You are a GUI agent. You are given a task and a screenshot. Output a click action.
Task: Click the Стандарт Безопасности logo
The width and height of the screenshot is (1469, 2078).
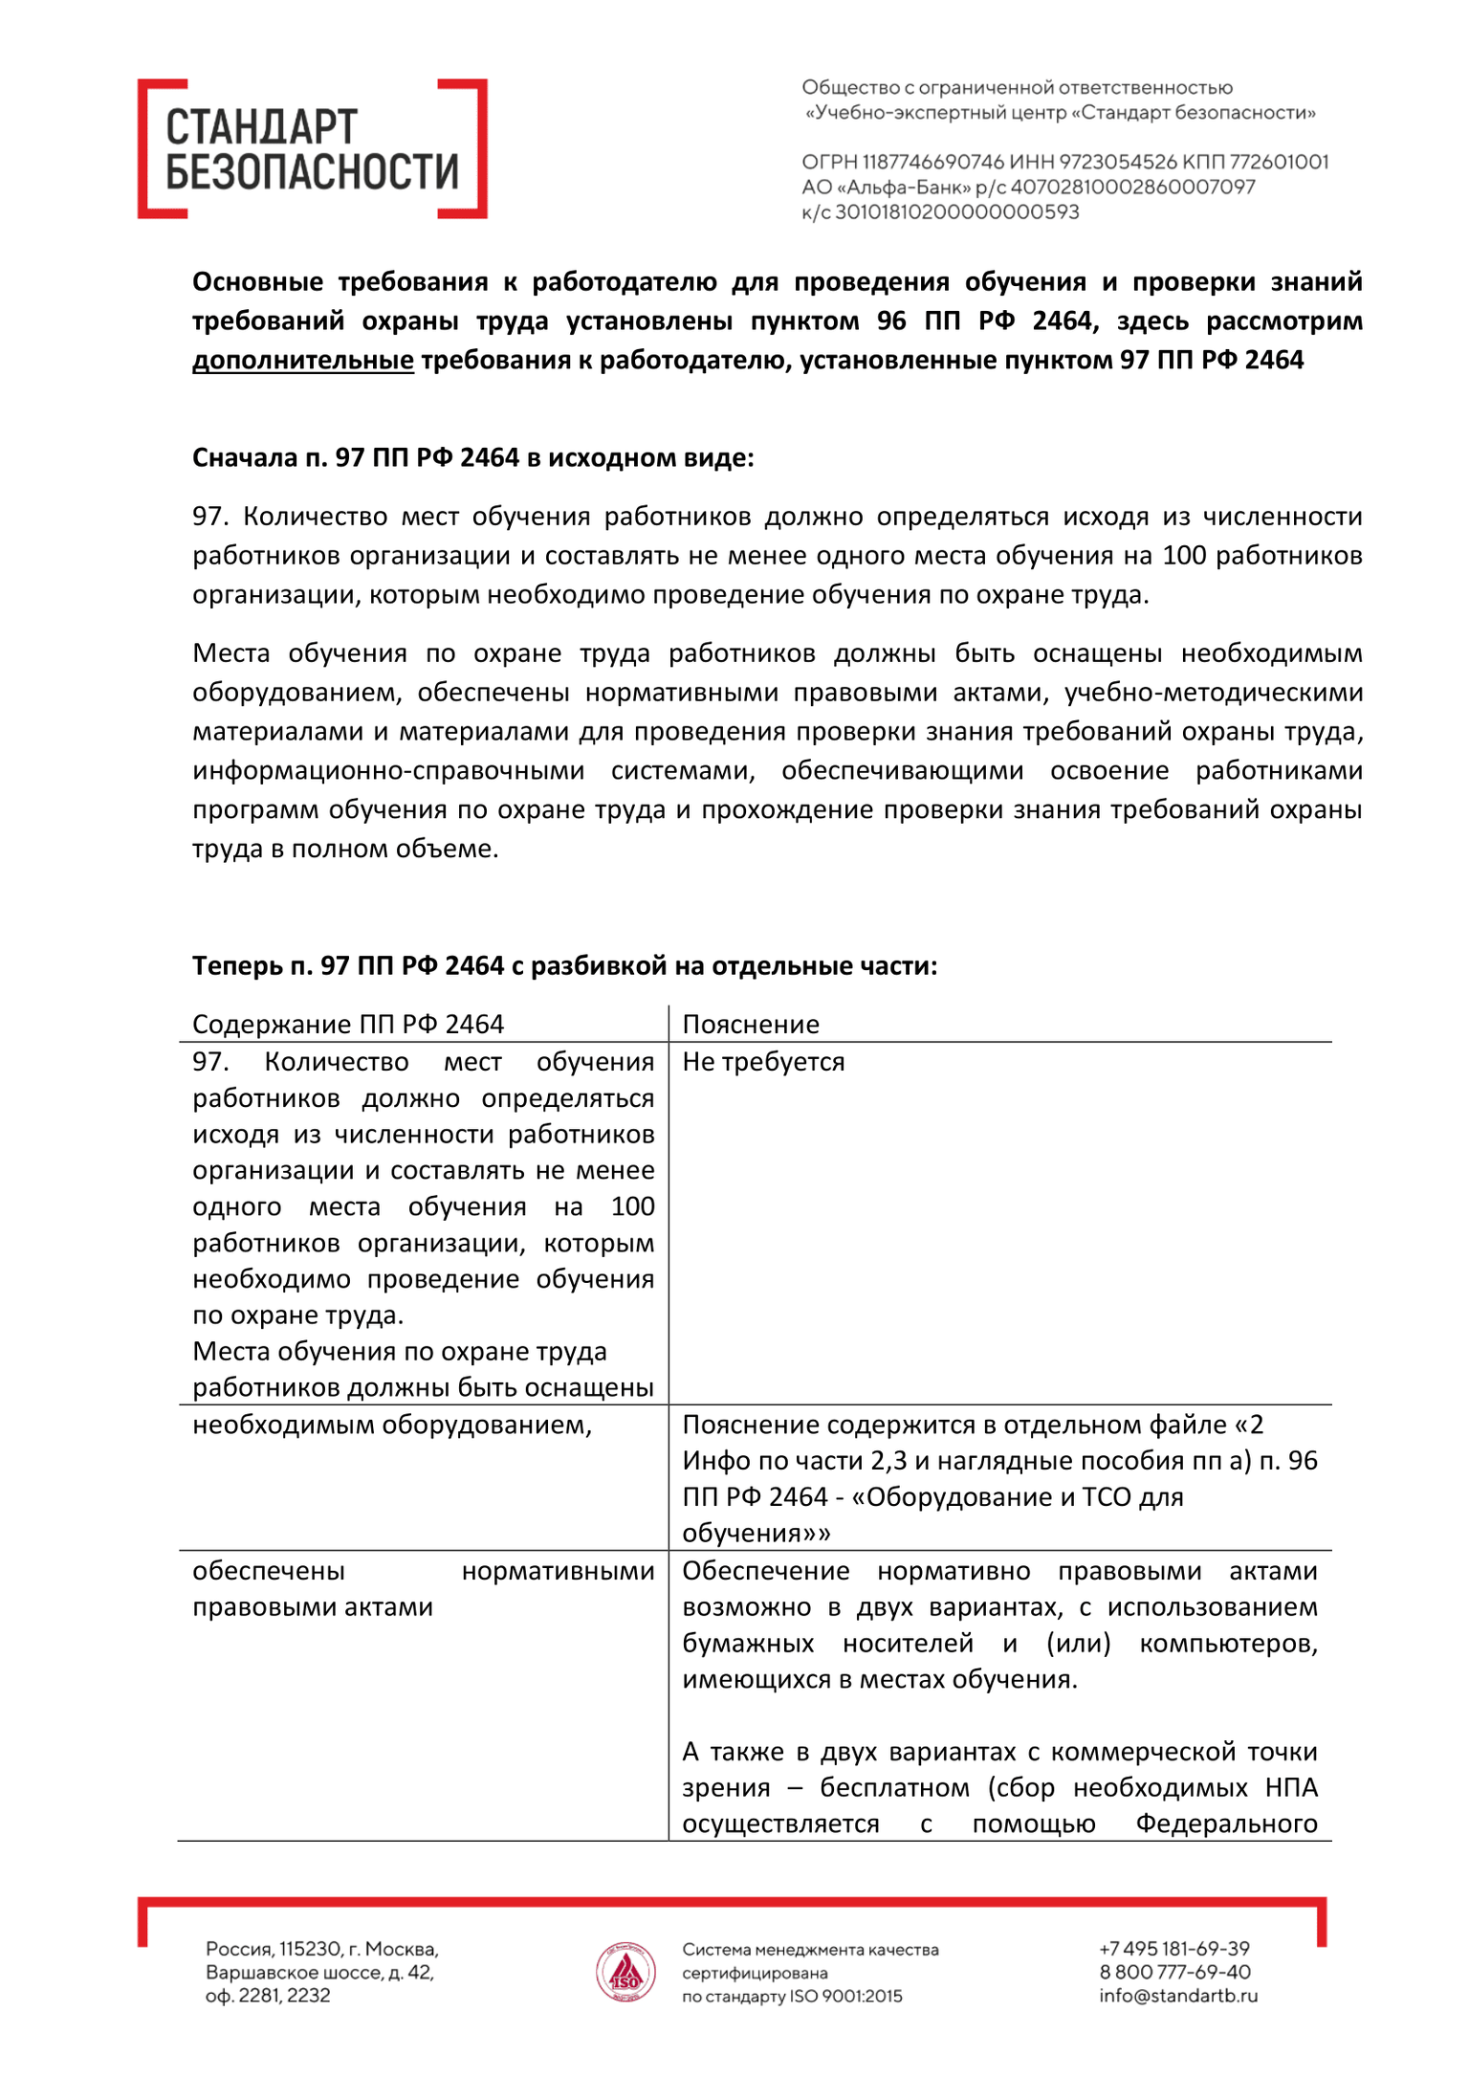click(x=312, y=149)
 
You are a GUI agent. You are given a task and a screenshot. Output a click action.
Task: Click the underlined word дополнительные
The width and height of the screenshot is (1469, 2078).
click(x=303, y=360)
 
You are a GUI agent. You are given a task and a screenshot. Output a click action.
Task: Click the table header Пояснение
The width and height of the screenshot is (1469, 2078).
click(x=751, y=1024)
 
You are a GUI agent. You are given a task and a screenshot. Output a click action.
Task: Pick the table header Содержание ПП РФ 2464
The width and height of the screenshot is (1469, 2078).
click(x=348, y=1024)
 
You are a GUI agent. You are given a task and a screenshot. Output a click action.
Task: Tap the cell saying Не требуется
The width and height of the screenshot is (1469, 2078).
click(x=763, y=1062)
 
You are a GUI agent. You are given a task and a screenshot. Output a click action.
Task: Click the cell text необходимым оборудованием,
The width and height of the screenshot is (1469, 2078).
click(x=392, y=1425)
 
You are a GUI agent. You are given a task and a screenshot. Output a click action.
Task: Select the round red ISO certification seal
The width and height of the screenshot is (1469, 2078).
click(x=625, y=1972)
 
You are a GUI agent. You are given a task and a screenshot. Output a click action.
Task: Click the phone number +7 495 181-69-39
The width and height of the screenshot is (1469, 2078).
click(x=1174, y=1949)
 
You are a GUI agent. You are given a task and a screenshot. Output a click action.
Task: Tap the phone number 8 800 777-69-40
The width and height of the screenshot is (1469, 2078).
click(x=1174, y=1972)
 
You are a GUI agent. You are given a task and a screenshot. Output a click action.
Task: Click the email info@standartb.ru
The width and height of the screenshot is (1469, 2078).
click(x=1178, y=1996)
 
